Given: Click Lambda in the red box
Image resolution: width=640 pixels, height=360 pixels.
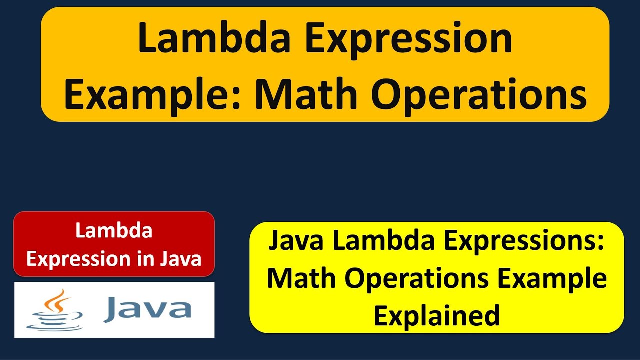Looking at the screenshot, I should pos(114,231).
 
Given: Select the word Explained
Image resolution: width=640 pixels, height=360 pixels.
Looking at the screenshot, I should pos(437,315).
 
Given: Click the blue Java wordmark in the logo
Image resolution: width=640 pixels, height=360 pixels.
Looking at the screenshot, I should pos(147,309).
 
